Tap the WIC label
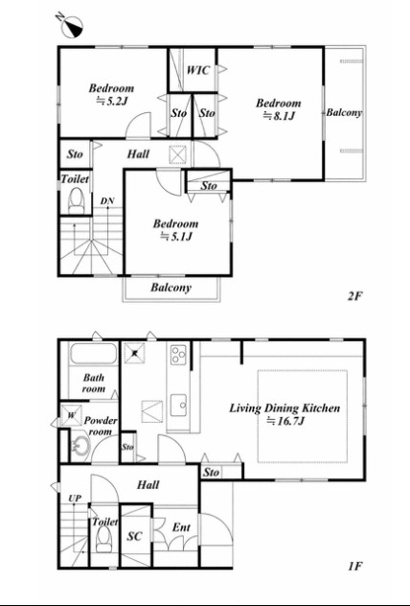click(x=198, y=70)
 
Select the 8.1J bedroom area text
click(x=279, y=116)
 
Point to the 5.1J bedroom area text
click(x=175, y=236)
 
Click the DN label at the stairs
click(x=107, y=201)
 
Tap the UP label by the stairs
click(x=75, y=499)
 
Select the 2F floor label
click(x=354, y=296)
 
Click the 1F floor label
click(x=354, y=567)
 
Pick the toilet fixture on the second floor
click(x=76, y=200)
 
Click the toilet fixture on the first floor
click(x=103, y=539)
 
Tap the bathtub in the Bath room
click(x=93, y=353)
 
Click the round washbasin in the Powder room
click(x=80, y=447)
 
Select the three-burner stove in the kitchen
click(x=178, y=355)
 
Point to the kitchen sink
click(x=179, y=405)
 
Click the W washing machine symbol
click(x=72, y=415)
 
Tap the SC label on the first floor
click(x=135, y=536)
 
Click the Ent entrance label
click(x=181, y=527)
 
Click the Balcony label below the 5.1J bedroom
click(x=171, y=288)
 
